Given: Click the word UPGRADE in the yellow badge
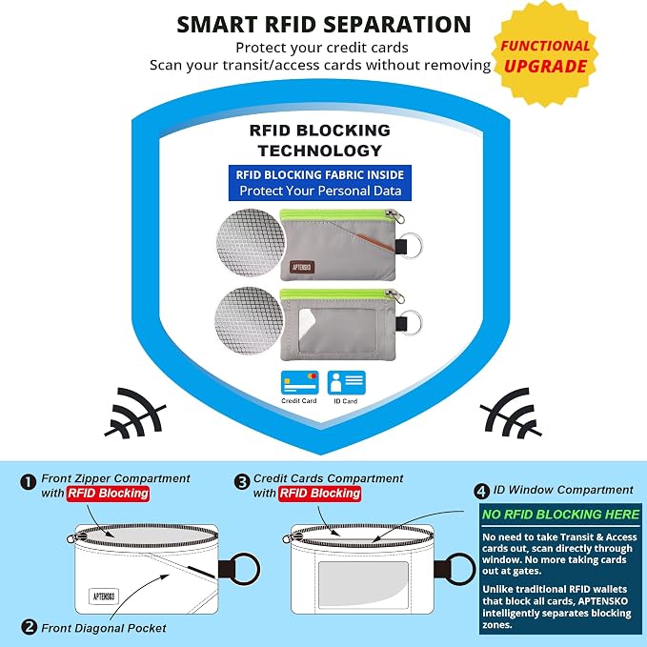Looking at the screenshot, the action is point(545,67).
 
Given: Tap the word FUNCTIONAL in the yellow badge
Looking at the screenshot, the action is point(545,46).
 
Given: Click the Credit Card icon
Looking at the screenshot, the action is point(299,382).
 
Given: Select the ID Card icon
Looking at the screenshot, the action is point(346,382).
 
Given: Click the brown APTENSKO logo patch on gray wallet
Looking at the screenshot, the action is point(302,268).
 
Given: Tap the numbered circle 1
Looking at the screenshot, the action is point(28,482).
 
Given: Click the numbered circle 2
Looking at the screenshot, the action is point(29,627).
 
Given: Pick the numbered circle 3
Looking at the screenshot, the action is point(242,482).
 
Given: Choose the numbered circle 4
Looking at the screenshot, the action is point(481,491).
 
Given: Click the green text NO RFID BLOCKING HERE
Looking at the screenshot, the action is point(560,515).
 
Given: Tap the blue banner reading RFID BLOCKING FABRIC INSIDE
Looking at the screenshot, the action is point(320,183).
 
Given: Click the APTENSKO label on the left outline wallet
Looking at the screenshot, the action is point(104,596).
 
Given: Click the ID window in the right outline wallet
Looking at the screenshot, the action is point(363,584).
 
